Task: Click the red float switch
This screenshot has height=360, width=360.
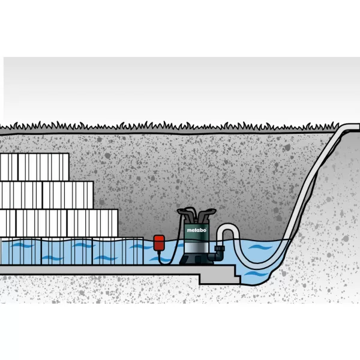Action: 160,242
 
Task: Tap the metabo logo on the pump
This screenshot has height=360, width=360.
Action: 196,229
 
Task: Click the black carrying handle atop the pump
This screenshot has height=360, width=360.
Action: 196,212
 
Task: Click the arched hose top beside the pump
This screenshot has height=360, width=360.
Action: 228,228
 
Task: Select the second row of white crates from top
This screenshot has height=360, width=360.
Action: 47,194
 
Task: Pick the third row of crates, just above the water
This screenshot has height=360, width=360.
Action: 57,223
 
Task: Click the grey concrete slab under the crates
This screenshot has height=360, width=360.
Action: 90,269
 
